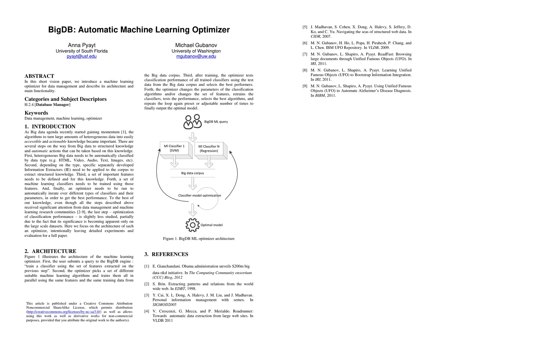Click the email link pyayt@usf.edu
click(82, 56)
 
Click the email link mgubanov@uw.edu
click(196, 56)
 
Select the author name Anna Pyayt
click(82, 45)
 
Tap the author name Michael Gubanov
click(196, 45)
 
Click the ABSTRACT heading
click(39, 76)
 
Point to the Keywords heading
click(36, 113)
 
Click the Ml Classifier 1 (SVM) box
click(175, 148)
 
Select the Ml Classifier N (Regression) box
click(209, 149)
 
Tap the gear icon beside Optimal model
click(192, 225)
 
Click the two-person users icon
click(193, 121)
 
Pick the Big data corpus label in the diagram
click(193, 173)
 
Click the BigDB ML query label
click(216, 122)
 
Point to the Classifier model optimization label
click(199, 196)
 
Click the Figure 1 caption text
click(199, 239)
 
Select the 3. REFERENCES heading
click(166, 254)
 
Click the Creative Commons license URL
click(64, 312)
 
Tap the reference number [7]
click(305, 54)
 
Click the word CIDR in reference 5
click(315, 37)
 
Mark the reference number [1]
click(147, 266)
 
